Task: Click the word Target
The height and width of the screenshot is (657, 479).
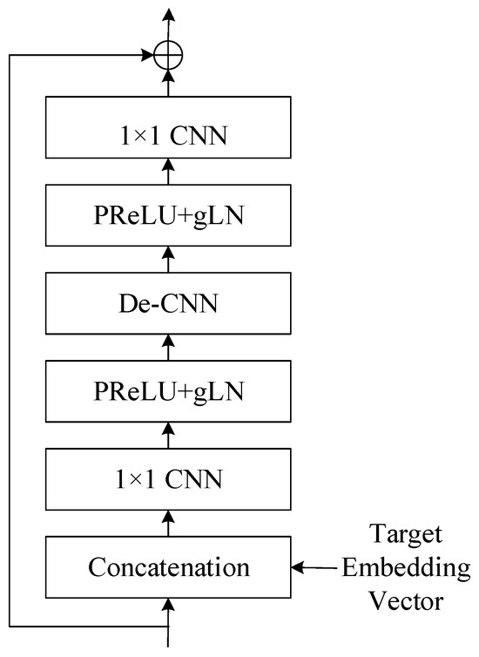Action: [x=405, y=534]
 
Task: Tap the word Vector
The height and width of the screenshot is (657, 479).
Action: [x=405, y=601]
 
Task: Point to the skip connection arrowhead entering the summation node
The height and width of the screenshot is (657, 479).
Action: [x=146, y=56]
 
